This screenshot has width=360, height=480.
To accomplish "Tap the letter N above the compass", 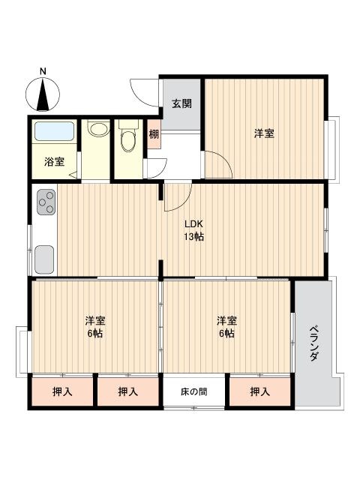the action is pos(43,71).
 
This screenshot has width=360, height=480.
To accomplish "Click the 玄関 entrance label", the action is pos(181,103).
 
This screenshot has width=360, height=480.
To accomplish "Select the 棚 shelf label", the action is pos(154,134).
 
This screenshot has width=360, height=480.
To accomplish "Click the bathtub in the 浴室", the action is pos(54,131).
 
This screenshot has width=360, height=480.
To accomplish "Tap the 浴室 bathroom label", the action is pos(54,161).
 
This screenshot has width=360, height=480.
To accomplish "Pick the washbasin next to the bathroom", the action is pos(98,128).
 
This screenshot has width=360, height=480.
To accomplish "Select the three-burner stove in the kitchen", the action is pos(46,202).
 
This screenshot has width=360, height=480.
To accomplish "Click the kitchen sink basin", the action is pos(45,259).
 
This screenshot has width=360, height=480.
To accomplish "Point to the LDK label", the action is pos(193,223).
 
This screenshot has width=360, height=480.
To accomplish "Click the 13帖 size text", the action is pos(193,237).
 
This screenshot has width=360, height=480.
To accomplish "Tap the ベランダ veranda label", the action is pos(313,343).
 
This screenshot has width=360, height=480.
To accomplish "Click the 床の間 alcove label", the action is pos(194,391).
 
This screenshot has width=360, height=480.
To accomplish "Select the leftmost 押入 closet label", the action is pos(62,391).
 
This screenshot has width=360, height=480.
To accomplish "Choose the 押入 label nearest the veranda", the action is pos(260,391).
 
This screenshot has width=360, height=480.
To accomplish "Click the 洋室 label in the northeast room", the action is pos(264,133).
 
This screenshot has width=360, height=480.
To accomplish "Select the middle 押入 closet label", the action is pos(128,391).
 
